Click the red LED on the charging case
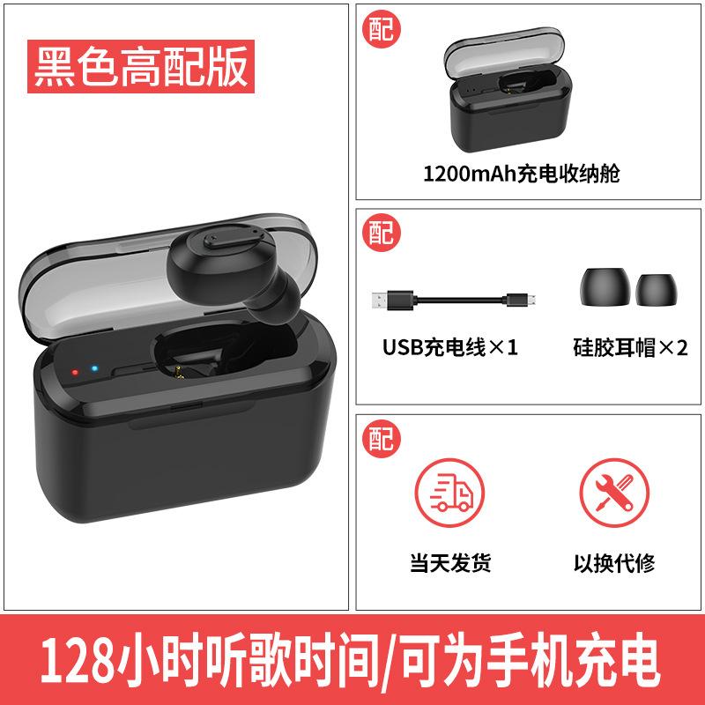[x=76, y=372]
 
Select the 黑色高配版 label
[x=141, y=66]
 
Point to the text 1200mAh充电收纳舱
[x=522, y=173]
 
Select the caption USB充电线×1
[x=449, y=346]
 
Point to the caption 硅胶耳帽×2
[x=629, y=346]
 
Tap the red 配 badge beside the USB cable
[x=381, y=234]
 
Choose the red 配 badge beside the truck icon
[x=381, y=438]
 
